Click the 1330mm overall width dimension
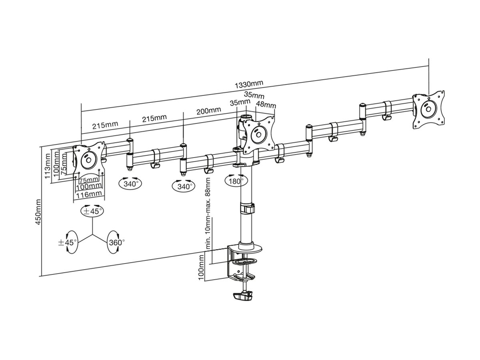click(x=249, y=84)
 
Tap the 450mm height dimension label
click(x=38, y=212)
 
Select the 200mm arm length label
click(x=209, y=111)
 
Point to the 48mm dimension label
click(x=266, y=105)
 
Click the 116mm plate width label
click(x=89, y=194)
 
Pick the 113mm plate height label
click(x=48, y=166)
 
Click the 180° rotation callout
click(x=236, y=181)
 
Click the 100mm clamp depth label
click(x=201, y=268)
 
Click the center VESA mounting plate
click(x=259, y=135)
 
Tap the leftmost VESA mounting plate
click(x=88, y=160)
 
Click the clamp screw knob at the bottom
click(x=243, y=296)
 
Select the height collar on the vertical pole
click(x=247, y=208)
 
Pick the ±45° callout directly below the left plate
click(x=92, y=211)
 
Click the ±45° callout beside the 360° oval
click(x=68, y=242)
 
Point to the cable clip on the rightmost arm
click(x=387, y=111)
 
